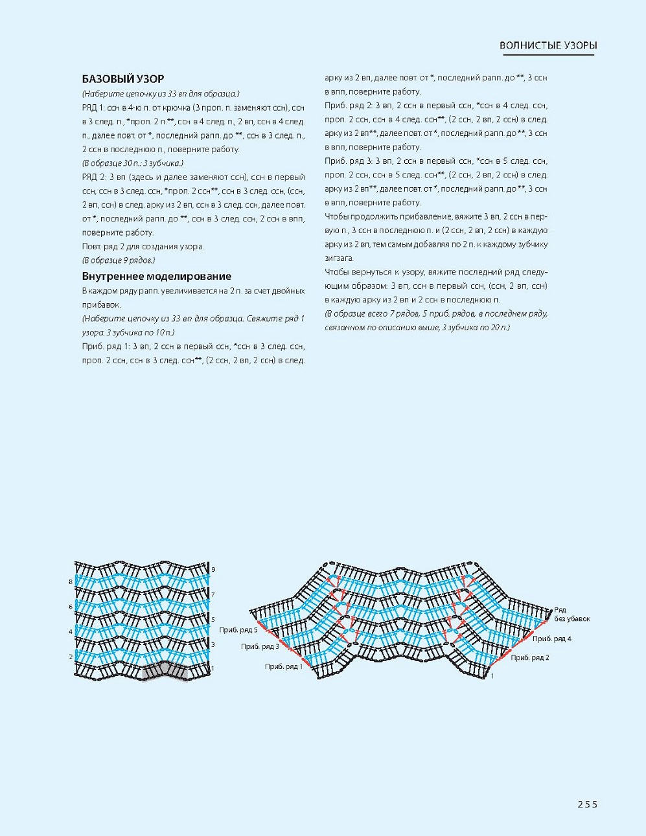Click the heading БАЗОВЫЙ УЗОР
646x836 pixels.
[123, 79]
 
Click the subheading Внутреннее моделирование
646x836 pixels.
[156, 276]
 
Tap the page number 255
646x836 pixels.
[587, 804]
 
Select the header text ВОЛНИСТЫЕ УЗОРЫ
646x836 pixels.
[548, 45]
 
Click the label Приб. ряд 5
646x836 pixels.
[238, 629]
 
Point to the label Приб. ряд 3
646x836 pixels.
[260, 646]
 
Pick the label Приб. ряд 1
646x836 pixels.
[283, 666]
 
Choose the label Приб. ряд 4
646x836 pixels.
[551, 638]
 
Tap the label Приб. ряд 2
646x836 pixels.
[529, 658]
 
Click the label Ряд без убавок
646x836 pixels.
[571, 615]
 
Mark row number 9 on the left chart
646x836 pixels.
[213, 569]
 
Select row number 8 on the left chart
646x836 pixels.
[71, 582]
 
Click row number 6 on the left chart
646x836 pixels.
[71, 607]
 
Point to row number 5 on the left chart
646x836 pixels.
[213, 620]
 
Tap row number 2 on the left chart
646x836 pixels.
[71, 657]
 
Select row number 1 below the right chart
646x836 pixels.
[492, 676]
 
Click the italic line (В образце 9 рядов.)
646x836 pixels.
[119, 260]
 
